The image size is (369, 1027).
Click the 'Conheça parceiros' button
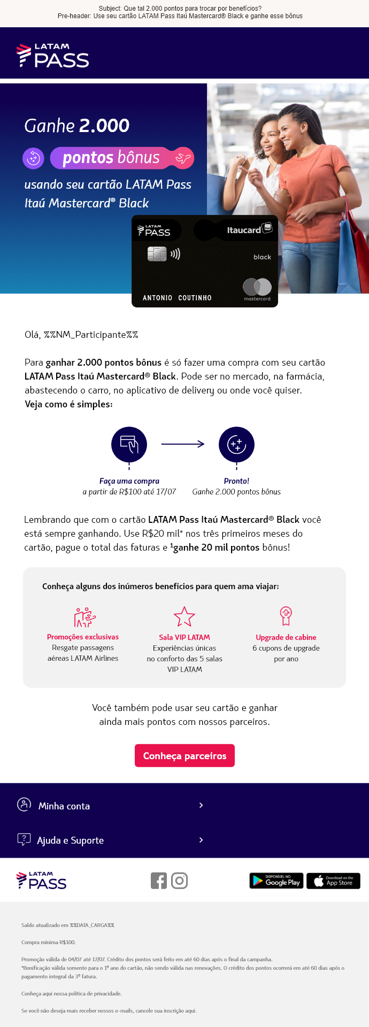pos(184,755)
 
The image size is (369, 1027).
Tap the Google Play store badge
pos(276,881)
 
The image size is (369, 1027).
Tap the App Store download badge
pos(333,881)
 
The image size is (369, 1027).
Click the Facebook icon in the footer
pos(159,881)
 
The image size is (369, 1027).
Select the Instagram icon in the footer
pos(179,881)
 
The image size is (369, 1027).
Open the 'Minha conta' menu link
pos(64,806)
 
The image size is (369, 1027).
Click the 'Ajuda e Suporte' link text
pos(70,840)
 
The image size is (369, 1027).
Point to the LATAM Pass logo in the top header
pos(53,56)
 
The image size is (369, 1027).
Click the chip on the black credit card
pos(157,254)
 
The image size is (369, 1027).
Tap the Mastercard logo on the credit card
pos(257,288)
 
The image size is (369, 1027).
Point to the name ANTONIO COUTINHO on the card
pos(177,298)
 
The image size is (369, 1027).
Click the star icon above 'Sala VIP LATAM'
pos(184,616)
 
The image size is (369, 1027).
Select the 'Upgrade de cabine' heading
pos(286,637)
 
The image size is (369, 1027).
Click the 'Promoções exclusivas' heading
pos(83,637)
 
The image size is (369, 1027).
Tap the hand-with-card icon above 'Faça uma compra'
pos(129,444)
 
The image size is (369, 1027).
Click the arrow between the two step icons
pos(183,444)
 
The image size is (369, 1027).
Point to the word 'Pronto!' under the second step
pos(236,481)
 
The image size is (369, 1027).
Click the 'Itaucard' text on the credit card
pos(244,230)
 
